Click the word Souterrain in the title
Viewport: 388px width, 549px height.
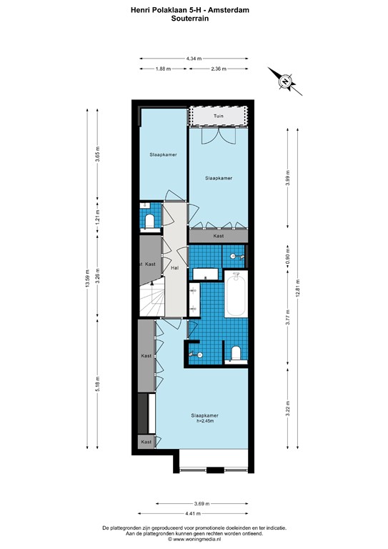click(x=194, y=20)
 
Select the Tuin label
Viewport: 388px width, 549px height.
click(x=219, y=116)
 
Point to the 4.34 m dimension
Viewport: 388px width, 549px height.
click(x=194, y=59)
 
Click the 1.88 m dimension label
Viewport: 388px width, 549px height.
click(x=163, y=69)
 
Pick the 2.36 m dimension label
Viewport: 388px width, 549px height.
click(x=218, y=69)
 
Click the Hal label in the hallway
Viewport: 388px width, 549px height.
click(x=174, y=268)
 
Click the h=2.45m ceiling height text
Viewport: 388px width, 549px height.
click(x=204, y=421)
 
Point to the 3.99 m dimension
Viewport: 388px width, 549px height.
click(x=288, y=177)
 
